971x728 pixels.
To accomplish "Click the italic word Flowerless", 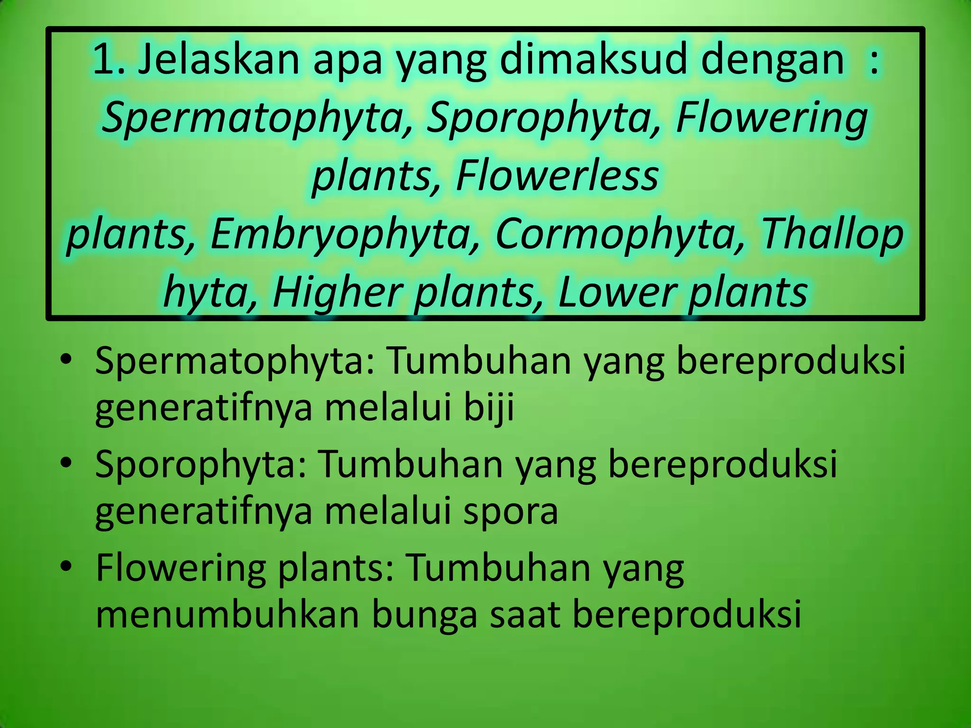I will (557, 176).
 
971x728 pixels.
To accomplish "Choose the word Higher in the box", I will (337, 292).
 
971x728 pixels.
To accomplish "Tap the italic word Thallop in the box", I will (832, 235).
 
